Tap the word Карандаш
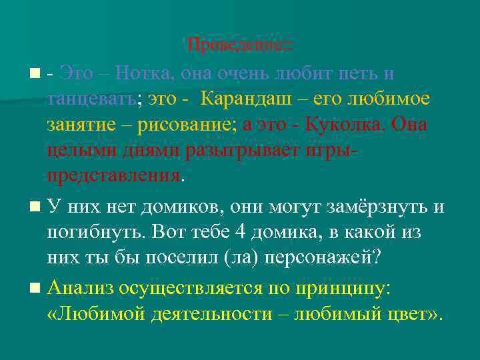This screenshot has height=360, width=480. pos(243,99)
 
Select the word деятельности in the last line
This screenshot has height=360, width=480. pos(214,313)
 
